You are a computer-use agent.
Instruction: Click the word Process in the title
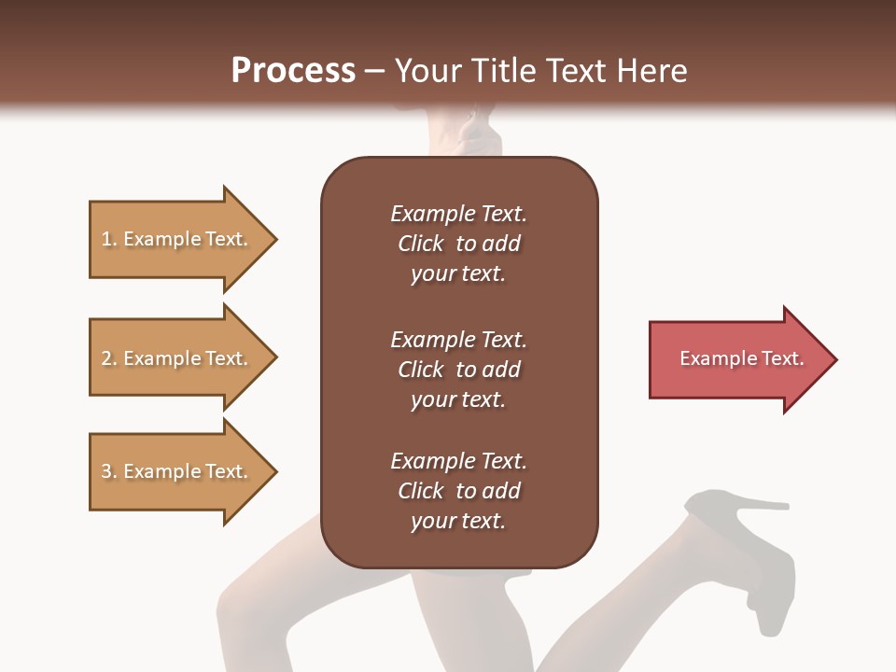(x=293, y=70)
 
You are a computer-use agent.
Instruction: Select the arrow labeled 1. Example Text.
(x=177, y=239)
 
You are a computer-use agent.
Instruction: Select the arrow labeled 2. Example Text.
(x=177, y=358)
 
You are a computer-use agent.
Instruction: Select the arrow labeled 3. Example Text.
(x=177, y=471)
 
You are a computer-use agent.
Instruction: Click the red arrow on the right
(x=737, y=359)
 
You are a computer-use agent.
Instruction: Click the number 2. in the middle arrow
(x=108, y=358)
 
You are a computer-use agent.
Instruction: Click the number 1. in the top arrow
(x=108, y=239)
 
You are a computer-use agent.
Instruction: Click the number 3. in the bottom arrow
(x=108, y=471)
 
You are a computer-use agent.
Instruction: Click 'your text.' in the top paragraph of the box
(x=457, y=274)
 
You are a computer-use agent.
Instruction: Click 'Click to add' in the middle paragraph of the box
(x=458, y=370)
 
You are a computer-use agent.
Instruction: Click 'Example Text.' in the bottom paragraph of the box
(x=458, y=461)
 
